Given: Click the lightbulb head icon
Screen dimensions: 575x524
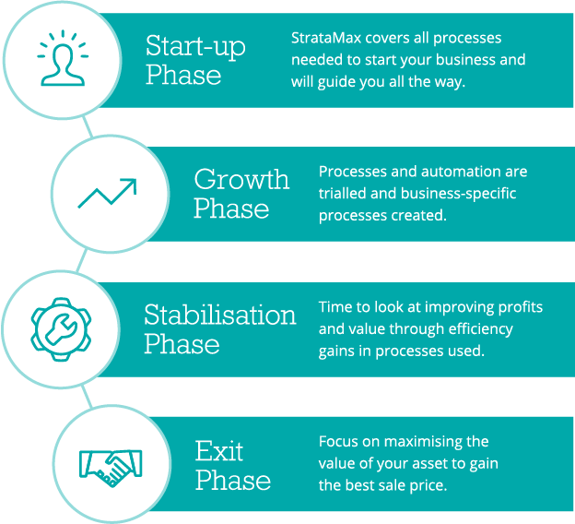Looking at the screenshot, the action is (63, 58).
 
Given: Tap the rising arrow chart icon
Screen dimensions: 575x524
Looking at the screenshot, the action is (107, 193).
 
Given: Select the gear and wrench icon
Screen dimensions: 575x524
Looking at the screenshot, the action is (61, 329).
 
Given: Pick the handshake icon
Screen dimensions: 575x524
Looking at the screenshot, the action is (111, 468).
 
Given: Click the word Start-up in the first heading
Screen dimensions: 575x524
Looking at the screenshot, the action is (195, 47).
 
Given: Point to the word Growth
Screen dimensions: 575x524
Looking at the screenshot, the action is (241, 179).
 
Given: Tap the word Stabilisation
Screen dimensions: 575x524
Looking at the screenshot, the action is (220, 315).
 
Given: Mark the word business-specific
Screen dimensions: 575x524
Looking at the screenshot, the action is (458, 194).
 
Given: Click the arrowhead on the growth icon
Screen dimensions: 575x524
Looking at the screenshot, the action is (130, 185).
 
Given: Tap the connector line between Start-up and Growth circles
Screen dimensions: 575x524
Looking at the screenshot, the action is (88, 127).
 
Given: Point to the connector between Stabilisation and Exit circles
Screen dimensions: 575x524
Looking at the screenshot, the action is (87, 396).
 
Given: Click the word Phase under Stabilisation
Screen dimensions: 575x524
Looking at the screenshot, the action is (182, 344).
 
